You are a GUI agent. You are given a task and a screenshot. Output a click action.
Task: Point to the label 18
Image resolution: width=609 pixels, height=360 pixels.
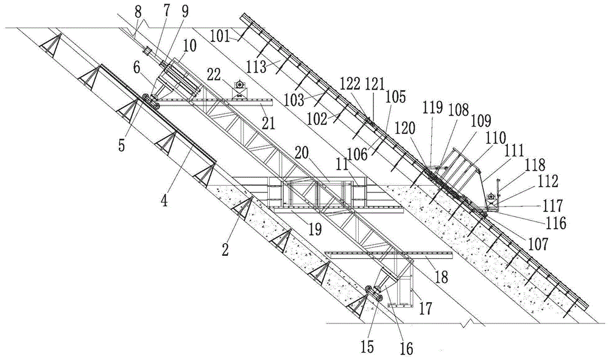point(441,277)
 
